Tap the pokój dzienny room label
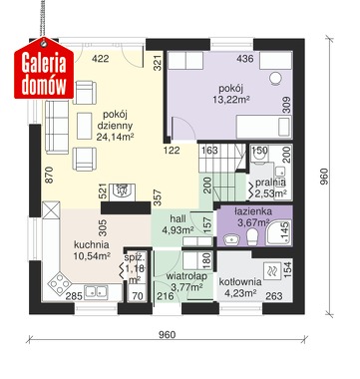[x=115, y=120]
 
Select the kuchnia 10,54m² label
[x=92, y=250]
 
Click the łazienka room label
[x=253, y=211]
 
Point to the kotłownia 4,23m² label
[x=240, y=287]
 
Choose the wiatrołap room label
[x=186, y=276]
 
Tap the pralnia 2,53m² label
[x=270, y=188]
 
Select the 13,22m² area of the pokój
[x=231, y=100]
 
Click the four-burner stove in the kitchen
[x=60, y=283]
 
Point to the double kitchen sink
[x=96, y=291]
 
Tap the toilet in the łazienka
[x=252, y=236]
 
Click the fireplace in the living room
[x=123, y=191]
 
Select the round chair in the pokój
[x=275, y=79]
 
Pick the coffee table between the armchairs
[x=85, y=126]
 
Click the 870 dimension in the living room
[x=49, y=175]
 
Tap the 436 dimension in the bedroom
[x=245, y=59]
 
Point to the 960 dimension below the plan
[x=167, y=334]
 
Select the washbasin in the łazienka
[x=231, y=238]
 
